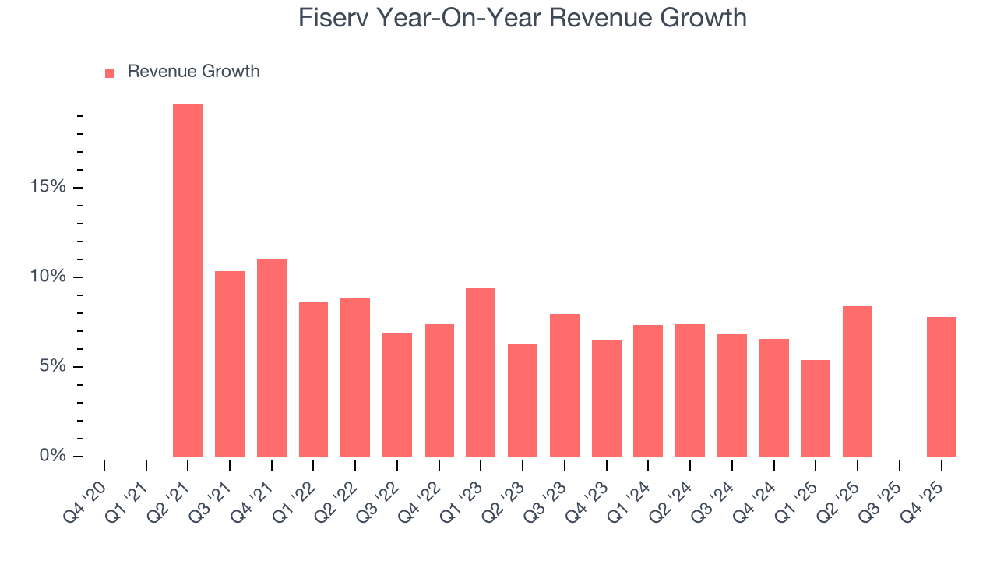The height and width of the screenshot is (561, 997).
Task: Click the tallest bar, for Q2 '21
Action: pyautogui.click(x=188, y=280)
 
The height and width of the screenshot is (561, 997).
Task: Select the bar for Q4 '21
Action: pyautogui.click(x=272, y=358)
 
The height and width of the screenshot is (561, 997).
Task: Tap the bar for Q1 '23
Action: pyautogui.click(x=481, y=372)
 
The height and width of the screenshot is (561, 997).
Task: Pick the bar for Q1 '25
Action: pyautogui.click(x=816, y=408)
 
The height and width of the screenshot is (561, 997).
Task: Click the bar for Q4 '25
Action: pyautogui.click(x=942, y=386)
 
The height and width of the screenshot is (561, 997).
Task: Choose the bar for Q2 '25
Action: pyautogui.click(x=858, y=381)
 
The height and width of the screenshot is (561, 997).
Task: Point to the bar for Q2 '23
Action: pyautogui.click(x=523, y=400)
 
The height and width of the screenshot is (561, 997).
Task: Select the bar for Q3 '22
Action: pyautogui.click(x=397, y=394)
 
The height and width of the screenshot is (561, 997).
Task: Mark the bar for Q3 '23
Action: pyautogui.click(x=565, y=385)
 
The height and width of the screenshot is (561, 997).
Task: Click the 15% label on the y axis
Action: pyautogui.click(x=48, y=187)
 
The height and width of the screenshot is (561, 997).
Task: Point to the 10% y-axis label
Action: pyautogui.click(x=48, y=277)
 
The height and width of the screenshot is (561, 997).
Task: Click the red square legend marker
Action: pyautogui.click(x=110, y=72)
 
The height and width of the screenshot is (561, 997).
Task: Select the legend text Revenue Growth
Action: pyautogui.click(x=193, y=72)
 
